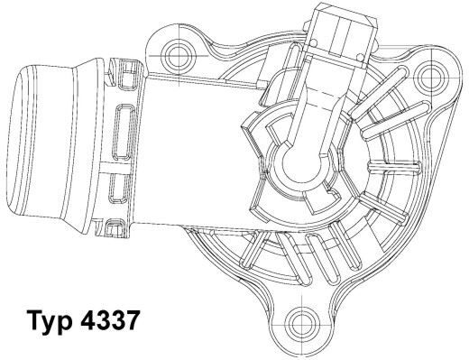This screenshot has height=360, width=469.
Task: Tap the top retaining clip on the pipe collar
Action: click(x=116, y=66)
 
